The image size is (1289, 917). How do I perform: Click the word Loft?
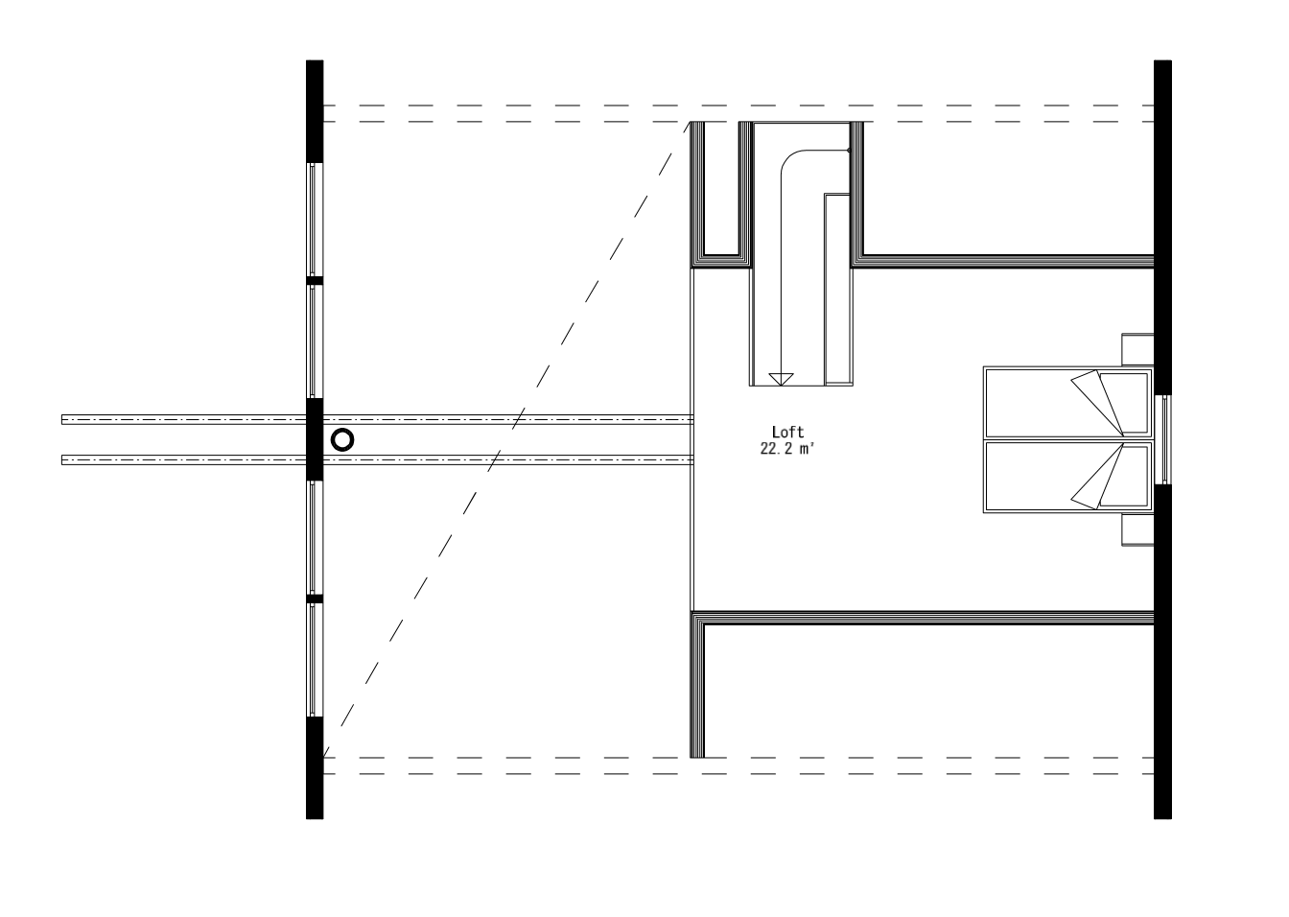pos(787,433)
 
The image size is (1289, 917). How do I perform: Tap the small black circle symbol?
pos(342,440)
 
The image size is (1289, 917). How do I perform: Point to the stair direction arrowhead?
pos(782,378)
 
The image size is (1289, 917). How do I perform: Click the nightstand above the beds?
pos(1137,348)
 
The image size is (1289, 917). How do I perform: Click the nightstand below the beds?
pos(1137,529)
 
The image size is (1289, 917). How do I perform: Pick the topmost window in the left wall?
pos(314,220)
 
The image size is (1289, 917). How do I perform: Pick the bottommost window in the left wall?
pos(314,659)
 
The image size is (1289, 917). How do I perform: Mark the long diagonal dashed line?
pos(508,436)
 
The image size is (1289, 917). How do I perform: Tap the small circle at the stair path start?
pos(849,151)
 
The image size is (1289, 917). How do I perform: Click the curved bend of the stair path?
pos(792,160)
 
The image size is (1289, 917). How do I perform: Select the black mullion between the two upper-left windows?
pos(314,280)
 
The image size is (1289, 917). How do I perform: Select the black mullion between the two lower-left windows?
pos(314,599)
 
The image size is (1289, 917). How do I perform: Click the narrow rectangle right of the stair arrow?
pos(837,288)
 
